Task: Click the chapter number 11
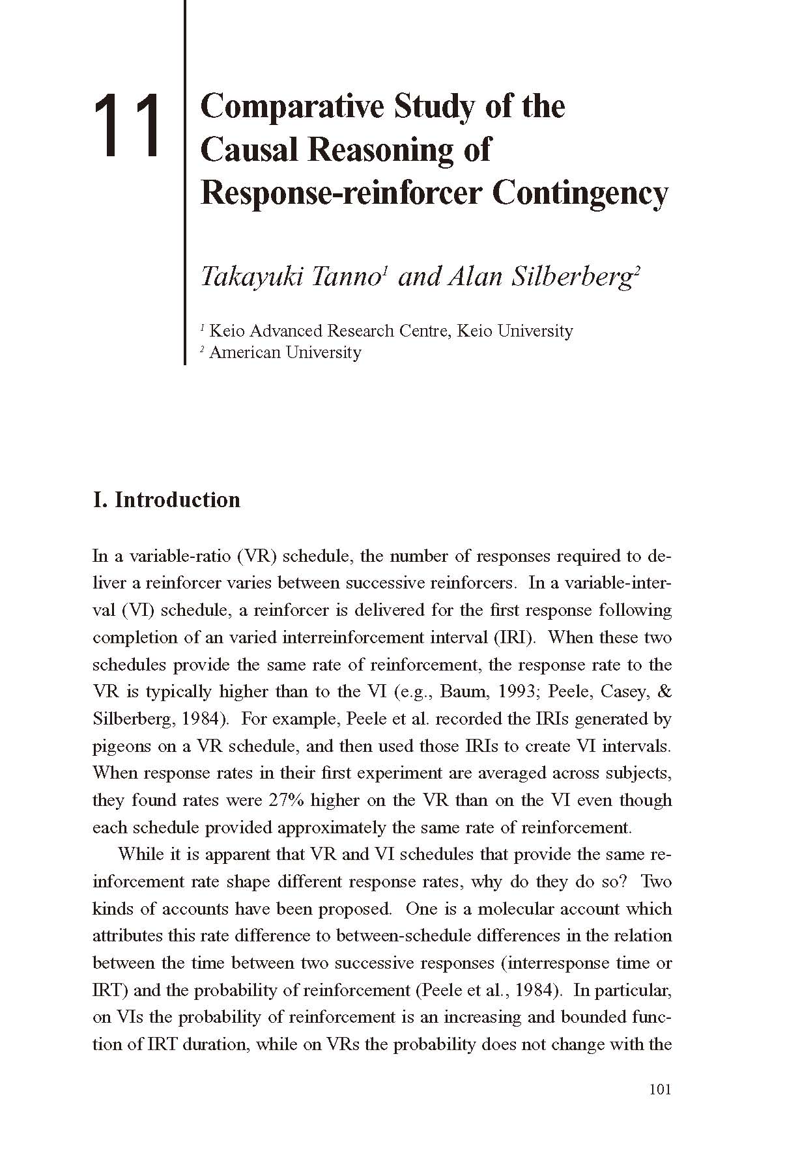(128, 126)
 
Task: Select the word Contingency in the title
(580, 193)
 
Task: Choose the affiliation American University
(285, 352)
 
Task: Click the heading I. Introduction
(167, 499)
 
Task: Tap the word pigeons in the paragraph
(122, 747)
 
